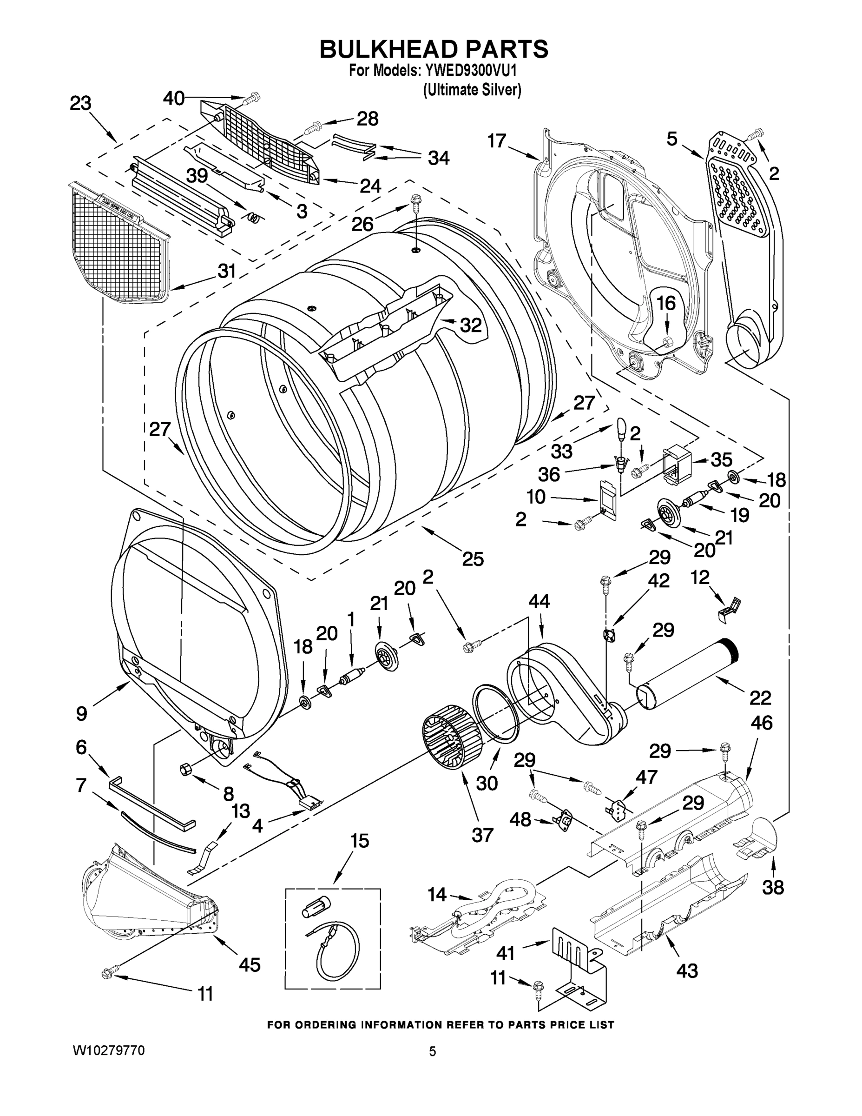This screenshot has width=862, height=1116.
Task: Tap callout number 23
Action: click(x=81, y=104)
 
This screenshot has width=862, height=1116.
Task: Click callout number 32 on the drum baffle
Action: click(x=470, y=325)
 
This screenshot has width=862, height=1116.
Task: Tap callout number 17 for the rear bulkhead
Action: click(x=496, y=140)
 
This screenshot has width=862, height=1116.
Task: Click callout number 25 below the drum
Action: click(x=473, y=558)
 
